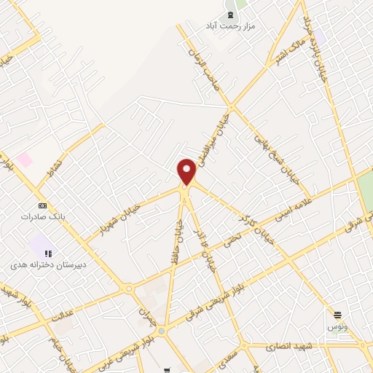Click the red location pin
click(187, 171)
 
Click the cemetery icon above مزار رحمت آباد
click(231, 15)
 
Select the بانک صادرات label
click(43, 217)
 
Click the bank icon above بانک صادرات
click(42, 206)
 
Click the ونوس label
click(337, 326)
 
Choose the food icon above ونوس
click(337, 315)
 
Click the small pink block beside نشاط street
click(25, 160)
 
